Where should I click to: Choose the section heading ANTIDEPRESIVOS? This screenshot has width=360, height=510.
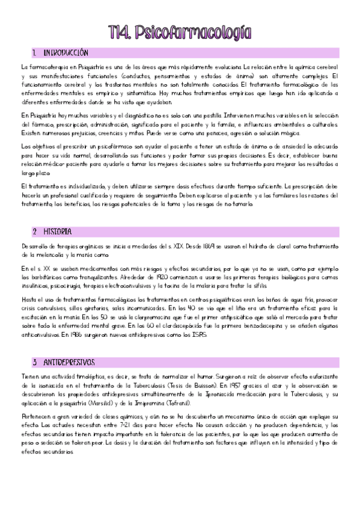[x=69, y=363]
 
